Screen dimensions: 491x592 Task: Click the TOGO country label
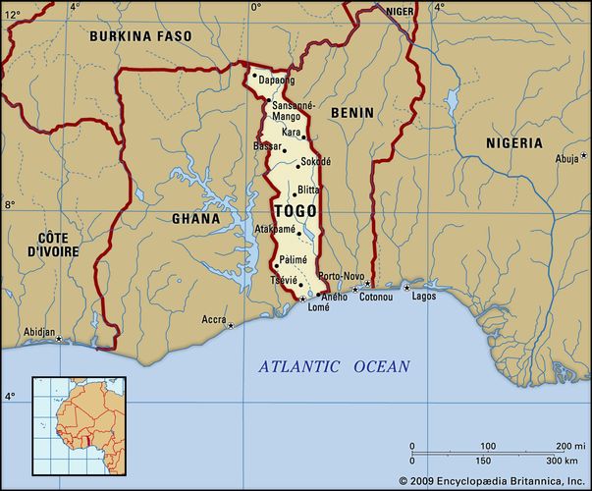pos(295,211)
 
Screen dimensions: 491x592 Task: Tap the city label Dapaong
pos(276,80)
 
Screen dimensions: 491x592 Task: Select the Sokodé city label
pos(315,161)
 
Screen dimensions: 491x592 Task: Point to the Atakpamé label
pos(275,228)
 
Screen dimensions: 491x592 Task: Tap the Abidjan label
pos(38,332)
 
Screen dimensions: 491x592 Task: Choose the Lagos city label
pos(424,296)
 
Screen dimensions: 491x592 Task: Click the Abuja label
pos(566,158)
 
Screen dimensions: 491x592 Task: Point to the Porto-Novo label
pos(342,275)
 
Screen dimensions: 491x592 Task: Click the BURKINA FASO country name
pos(139,35)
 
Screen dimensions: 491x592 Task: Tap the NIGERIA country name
pos(513,142)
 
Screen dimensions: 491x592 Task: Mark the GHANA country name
pos(196,218)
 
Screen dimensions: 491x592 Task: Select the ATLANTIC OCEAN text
pos(334,366)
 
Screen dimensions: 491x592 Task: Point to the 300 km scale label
pos(563,461)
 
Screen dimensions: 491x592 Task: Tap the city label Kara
pos(291,131)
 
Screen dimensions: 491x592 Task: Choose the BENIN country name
pos(351,113)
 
